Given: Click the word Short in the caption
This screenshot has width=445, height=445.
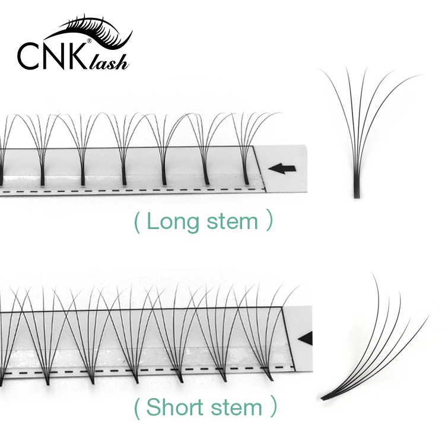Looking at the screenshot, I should [x=172, y=408].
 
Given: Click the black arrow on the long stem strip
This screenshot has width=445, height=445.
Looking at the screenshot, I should [x=280, y=169].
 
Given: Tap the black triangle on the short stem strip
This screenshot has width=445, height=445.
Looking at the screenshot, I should [x=305, y=339].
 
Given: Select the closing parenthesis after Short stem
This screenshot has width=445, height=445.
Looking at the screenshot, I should [x=273, y=408].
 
